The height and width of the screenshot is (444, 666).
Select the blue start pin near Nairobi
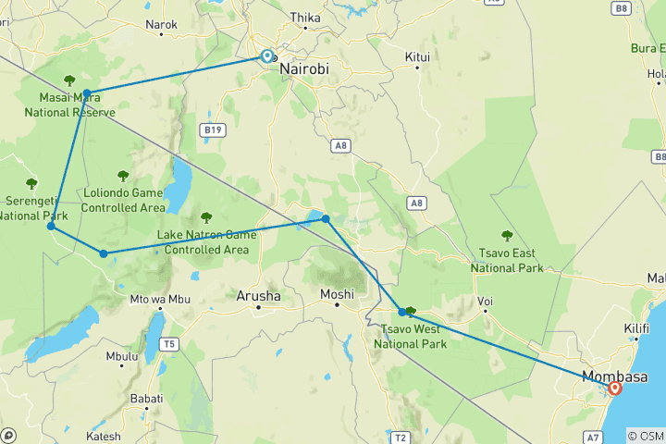[x=266, y=56]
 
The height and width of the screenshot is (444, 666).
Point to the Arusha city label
[x=258, y=295]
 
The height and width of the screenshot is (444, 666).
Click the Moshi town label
[x=337, y=295]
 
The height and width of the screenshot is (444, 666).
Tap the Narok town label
[x=161, y=25]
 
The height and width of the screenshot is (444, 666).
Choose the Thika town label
[x=305, y=18]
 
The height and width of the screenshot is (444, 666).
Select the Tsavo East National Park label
[x=507, y=261]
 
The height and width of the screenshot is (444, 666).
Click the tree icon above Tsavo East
[x=506, y=235]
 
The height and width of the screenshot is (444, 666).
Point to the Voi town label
[x=485, y=302]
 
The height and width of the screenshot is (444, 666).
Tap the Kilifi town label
[x=637, y=354]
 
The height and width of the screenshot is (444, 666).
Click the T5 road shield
[x=168, y=344]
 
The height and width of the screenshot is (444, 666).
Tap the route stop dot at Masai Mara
[x=87, y=93]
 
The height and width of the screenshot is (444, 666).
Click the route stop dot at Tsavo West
[x=402, y=312]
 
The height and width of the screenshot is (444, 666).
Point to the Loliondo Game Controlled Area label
[x=122, y=200]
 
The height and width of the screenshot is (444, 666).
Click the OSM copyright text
[x=644, y=436]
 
